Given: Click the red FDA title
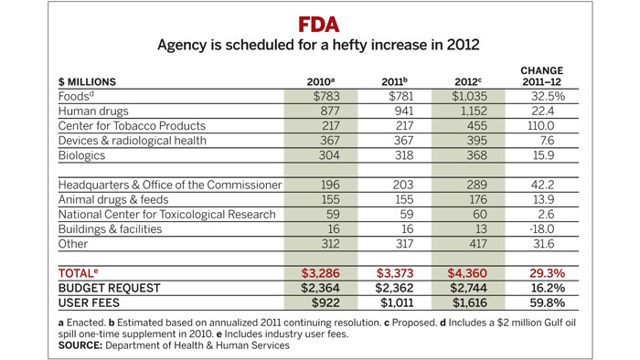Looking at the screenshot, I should (x=320, y=23).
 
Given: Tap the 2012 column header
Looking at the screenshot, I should (x=468, y=83).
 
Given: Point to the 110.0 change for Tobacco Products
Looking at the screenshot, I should (x=541, y=126).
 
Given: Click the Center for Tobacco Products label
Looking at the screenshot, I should (x=132, y=126).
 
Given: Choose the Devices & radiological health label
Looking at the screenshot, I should (x=133, y=141).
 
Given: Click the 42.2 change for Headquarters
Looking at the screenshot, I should (x=541, y=185).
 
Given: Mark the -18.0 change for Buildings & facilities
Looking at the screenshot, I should (x=541, y=229).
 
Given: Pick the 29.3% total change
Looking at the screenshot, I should (x=541, y=272).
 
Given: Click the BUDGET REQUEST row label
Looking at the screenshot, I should (x=109, y=287).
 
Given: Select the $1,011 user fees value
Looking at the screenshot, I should (x=396, y=302).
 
